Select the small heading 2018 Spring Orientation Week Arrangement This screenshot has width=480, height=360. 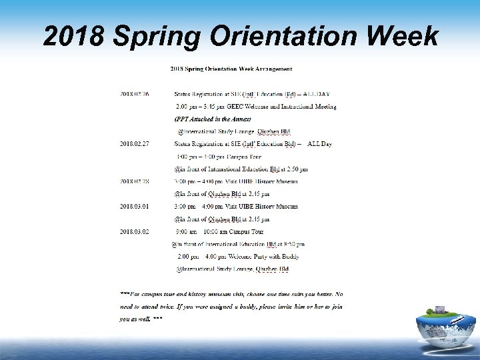pos(231,68)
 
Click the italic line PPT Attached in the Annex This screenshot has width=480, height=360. pos(213,118)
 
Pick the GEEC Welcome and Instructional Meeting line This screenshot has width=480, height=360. pos(256,106)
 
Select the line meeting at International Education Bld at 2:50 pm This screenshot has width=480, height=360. pos(240,169)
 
